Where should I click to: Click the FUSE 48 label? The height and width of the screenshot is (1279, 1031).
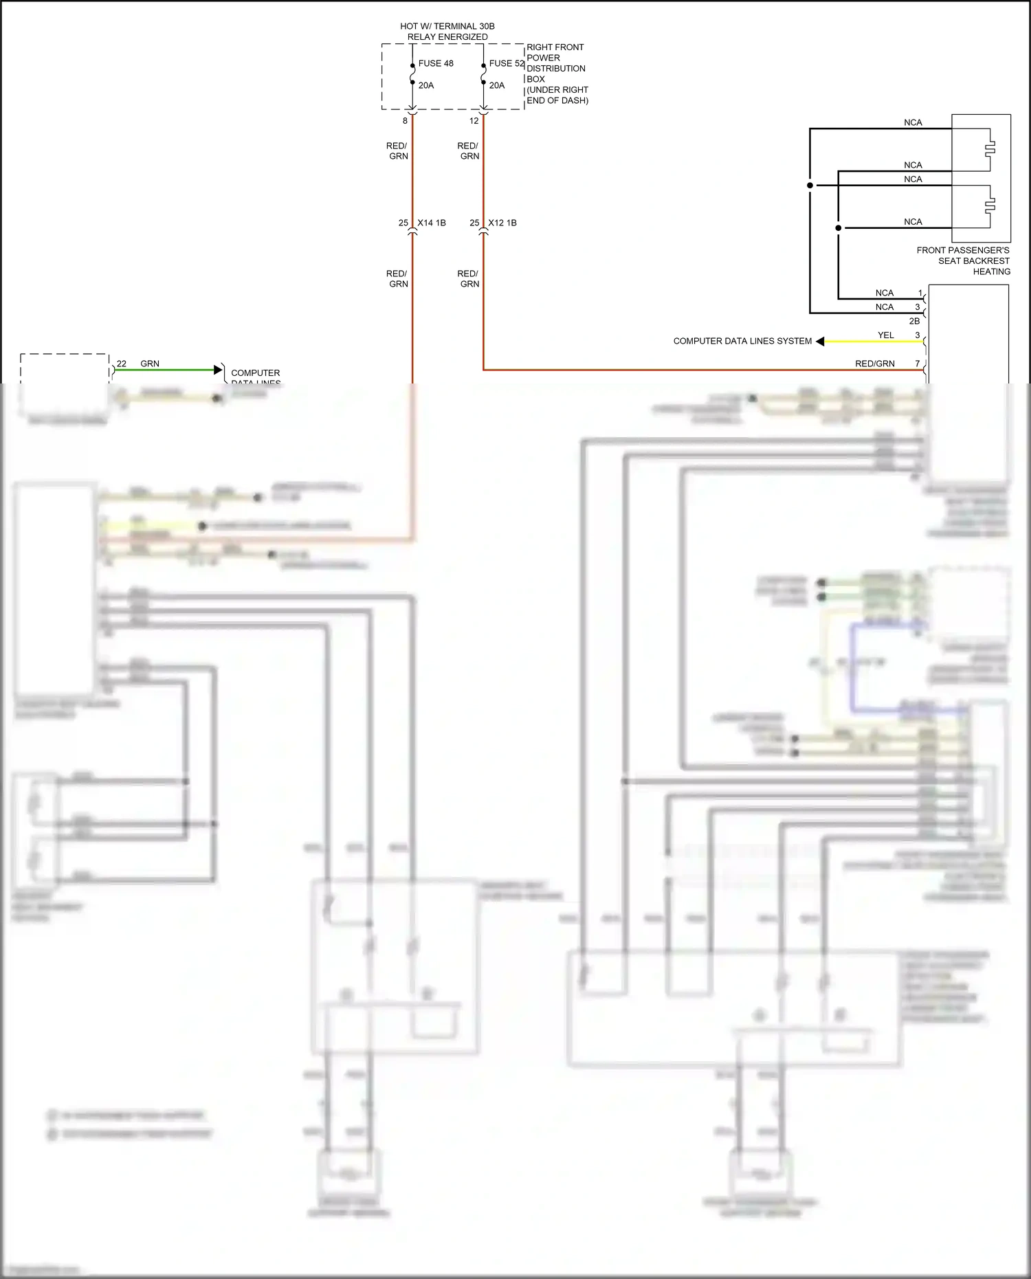[435, 63]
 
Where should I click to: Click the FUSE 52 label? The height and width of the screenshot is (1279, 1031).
[506, 63]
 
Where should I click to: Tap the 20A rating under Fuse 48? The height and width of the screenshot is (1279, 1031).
[425, 85]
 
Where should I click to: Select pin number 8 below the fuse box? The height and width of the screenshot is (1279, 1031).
[405, 121]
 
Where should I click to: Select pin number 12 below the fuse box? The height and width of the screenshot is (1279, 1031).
[474, 121]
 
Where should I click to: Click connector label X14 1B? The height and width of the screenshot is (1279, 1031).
[432, 223]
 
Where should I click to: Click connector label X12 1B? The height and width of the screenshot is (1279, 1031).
[502, 223]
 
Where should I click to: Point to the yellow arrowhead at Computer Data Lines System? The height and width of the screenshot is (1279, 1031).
[820, 341]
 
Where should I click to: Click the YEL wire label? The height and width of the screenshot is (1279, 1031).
[885, 335]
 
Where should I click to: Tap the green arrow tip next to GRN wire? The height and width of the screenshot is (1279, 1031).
[219, 370]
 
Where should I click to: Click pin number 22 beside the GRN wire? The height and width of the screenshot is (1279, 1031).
[122, 364]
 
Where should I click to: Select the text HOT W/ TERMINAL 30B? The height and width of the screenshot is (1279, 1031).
[447, 26]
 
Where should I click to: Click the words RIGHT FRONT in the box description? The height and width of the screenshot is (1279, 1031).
[555, 47]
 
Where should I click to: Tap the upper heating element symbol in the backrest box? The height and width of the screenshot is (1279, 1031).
[990, 148]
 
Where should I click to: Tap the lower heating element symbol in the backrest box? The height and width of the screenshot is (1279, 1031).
[990, 205]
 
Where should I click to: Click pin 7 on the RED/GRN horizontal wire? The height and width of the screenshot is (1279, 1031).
[917, 364]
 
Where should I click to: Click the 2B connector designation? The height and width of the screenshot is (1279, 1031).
[914, 321]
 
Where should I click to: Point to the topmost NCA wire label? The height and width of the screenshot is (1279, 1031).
[913, 122]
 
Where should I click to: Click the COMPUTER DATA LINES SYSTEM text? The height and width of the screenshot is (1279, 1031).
[742, 341]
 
